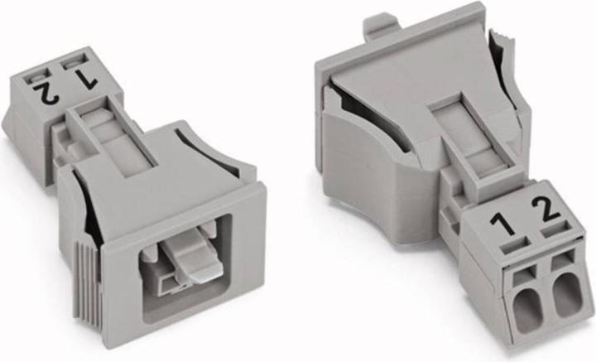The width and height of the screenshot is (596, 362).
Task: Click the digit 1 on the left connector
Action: pos(84,79)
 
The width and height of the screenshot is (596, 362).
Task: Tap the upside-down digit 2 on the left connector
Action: pos(46,92)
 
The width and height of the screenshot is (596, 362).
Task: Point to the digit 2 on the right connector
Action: pos(546,209)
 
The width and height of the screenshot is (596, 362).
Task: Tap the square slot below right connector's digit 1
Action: pos(515,246)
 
